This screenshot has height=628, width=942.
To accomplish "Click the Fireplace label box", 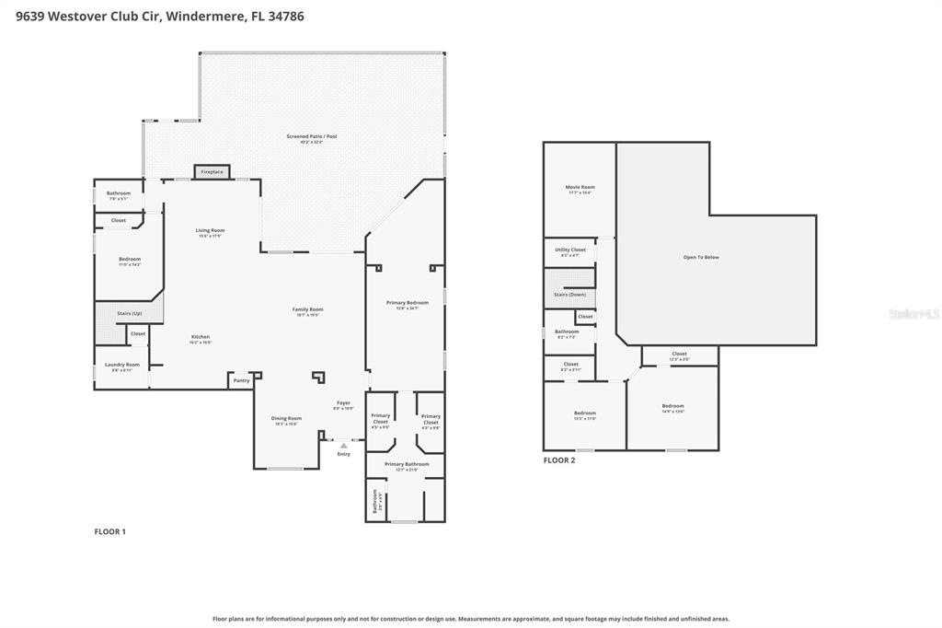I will coord(212,172).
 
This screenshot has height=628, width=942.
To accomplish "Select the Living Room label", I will coord(210,231).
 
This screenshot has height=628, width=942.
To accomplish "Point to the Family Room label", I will coord(307,310).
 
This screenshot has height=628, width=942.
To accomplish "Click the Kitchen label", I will coord(201,338).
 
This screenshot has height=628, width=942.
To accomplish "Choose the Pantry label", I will coord(241,380).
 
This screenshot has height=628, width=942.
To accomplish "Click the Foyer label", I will coord(342,403).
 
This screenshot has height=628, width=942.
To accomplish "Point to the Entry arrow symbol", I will coord(344,446).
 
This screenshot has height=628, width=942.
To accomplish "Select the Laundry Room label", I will coord(121,366).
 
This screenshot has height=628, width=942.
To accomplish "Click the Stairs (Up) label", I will coord(130,313).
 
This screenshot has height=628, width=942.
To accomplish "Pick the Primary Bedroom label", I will coord(408,303).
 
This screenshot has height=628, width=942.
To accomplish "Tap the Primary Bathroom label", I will coord(407,464).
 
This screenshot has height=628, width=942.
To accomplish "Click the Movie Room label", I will coord(580,188).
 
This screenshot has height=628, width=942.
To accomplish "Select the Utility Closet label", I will coord(570,250).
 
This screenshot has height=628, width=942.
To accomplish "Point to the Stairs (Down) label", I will coord(569,295).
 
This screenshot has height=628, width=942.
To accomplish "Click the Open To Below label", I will coord(701,257).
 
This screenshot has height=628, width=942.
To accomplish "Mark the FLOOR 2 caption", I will coord(559,460).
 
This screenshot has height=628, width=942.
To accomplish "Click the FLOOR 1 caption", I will coord(110,531).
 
